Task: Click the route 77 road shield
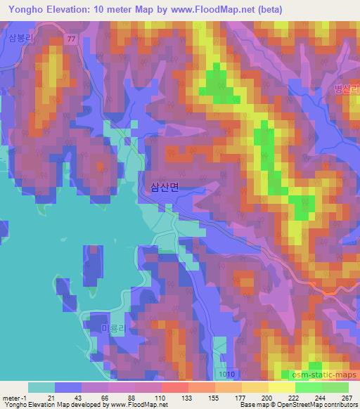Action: pyautogui.click(x=71, y=39)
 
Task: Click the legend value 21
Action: pyautogui.click(x=51, y=398)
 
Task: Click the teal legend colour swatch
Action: pyautogui.click(x=41, y=387)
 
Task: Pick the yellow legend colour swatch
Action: pyautogui.click(x=281, y=387)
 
